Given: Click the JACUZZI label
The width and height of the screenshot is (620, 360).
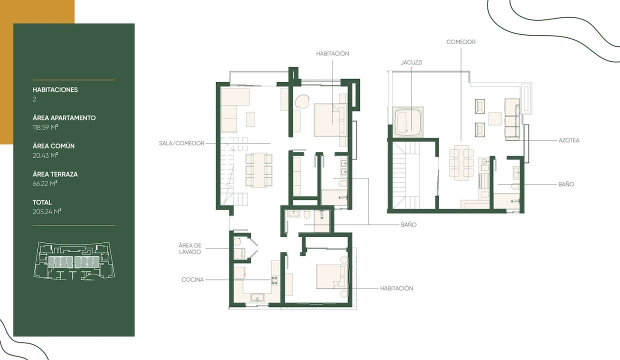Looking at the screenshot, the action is coord(411,63).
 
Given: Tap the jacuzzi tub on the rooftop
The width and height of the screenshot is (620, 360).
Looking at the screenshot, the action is coord(408,122).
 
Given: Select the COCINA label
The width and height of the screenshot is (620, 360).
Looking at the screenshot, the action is coord(192,280).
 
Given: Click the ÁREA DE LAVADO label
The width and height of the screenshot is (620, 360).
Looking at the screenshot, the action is coord(190,248).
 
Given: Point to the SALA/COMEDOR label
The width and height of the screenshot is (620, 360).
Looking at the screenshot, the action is coord(181,143).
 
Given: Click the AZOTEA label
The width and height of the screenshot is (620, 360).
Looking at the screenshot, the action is coord(569,140).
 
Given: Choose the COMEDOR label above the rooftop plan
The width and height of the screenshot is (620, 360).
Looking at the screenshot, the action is coord(461,42).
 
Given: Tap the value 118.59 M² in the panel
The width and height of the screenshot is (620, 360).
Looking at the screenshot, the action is coord(45,127).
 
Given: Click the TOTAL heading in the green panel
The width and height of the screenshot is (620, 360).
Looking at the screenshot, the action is coord(42,202).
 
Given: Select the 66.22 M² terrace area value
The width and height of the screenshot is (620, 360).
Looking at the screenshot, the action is coord(45,183).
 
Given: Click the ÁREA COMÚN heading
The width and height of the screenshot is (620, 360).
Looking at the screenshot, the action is coord(53,146).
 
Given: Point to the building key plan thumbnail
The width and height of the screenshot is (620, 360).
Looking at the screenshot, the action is coord(74,260).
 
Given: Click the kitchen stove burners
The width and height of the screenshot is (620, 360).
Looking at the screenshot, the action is coord(275,280).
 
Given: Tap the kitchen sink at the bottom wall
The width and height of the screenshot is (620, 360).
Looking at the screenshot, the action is coord(257,297).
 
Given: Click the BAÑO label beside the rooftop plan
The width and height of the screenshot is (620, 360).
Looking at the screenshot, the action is coord(566,184).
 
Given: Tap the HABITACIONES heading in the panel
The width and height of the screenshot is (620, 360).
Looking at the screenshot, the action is coord(55,89).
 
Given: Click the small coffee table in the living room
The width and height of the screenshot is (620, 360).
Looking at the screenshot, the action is coord(250,119).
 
